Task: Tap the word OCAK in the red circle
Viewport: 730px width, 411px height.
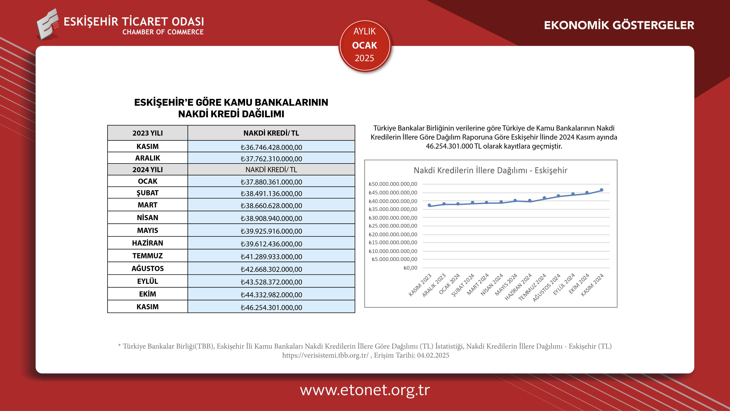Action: click(x=364, y=45)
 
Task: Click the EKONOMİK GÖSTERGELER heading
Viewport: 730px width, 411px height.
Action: click(x=619, y=25)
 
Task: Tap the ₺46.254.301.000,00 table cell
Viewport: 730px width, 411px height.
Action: click(x=271, y=307)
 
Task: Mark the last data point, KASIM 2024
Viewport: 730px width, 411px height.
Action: click(x=601, y=190)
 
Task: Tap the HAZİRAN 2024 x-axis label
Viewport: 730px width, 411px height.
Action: click(x=519, y=287)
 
